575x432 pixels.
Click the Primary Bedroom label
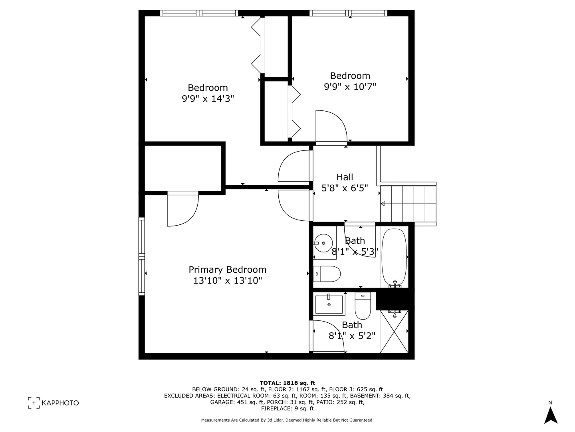(227, 270)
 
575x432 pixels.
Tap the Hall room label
(345, 177)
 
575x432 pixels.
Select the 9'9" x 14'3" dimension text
(208, 98)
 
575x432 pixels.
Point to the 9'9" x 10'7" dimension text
(350, 86)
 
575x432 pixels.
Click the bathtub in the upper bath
(394, 256)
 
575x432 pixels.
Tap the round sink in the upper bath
(323, 242)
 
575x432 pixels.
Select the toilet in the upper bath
(327, 274)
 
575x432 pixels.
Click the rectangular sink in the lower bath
(329, 304)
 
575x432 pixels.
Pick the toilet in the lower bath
(363, 306)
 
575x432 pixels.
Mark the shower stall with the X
(394, 332)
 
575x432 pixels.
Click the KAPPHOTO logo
(54, 403)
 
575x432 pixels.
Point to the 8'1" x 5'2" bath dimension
(352, 336)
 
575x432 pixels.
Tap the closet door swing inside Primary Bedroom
(182, 210)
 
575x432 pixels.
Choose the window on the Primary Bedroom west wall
(141, 256)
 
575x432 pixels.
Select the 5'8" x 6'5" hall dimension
(345, 188)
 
